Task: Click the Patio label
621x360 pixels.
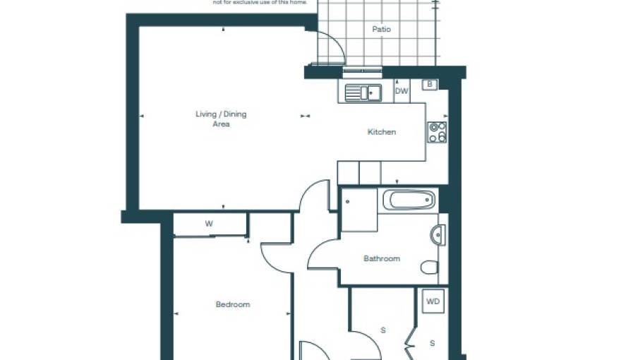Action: tap(381, 30)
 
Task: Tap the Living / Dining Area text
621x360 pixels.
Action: tap(221, 119)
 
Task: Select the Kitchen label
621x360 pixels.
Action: tap(382, 132)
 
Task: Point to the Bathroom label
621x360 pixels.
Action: tap(382, 258)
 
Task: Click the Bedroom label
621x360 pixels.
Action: tap(233, 304)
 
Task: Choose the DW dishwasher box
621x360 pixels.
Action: tap(402, 91)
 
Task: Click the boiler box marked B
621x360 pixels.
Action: tap(429, 85)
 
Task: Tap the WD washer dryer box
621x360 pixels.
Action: tap(433, 301)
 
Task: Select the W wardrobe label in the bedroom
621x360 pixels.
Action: tap(209, 224)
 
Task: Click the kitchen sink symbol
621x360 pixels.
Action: tap(363, 92)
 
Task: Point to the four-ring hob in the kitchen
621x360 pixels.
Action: tap(437, 132)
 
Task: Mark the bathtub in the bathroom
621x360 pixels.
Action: tap(409, 200)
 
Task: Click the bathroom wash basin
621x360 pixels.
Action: tap(437, 234)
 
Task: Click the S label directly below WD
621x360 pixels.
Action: tap(433, 343)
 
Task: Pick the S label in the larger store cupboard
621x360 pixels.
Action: tap(384, 330)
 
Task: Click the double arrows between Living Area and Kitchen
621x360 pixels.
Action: tap(305, 116)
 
